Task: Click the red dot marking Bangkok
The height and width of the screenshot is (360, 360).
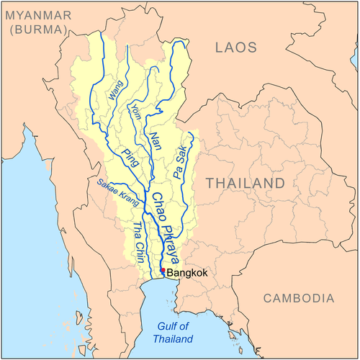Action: click(163, 271)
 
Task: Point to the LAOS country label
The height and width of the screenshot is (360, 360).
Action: click(235, 48)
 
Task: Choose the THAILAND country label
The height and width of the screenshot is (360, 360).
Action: click(246, 184)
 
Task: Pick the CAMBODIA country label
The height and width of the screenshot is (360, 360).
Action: click(298, 298)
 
